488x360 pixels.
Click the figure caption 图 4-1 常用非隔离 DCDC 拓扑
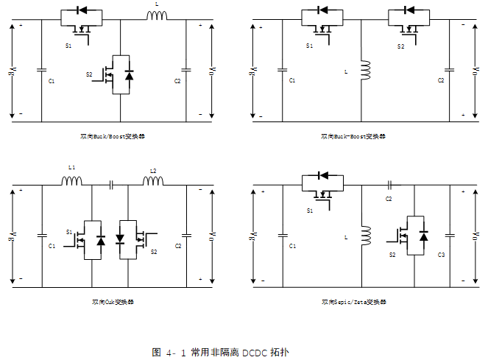coord(221,352)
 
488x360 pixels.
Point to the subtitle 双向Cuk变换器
coord(113,302)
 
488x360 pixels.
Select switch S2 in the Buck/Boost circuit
coord(120,74)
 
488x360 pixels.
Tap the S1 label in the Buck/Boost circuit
coord(68,46)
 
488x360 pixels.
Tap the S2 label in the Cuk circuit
coord(154,252)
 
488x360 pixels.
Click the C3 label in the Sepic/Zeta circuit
coord(441,254)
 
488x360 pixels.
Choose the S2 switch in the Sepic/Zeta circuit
coord(415,236)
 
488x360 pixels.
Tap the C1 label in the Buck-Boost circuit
coord(292,80)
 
